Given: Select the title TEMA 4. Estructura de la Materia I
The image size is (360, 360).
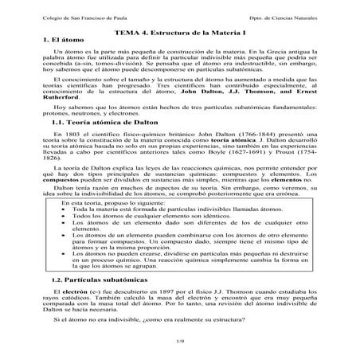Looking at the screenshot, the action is (179, 30).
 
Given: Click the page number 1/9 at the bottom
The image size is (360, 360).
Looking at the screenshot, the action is (179, 341).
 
